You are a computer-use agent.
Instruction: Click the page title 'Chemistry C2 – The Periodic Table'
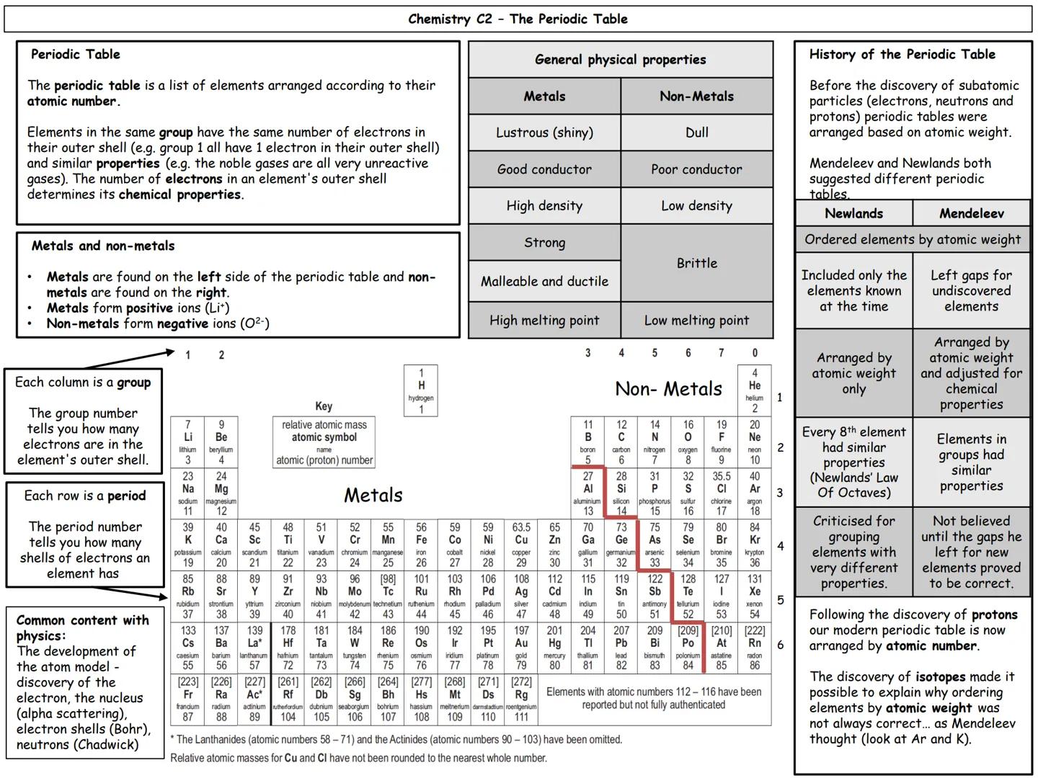pyautogui.click(x=518, y=19)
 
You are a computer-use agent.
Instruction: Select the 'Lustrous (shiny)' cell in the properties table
pyautogui.click(x=544, y=133)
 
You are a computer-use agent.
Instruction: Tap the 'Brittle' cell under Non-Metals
pyautogui.click(x=696, y=263)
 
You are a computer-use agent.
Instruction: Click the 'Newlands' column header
pyautogui.click(x=853, y=213)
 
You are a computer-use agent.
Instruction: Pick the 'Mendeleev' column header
pyautogui.click(x=971, y=213)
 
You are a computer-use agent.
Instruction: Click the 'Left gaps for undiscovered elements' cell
pyautogui.click(x=971, y=290)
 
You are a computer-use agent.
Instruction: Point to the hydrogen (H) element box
pyautogui.click(x=421, y=390)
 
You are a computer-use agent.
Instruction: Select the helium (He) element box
pyautogui.click(x=754, y=390)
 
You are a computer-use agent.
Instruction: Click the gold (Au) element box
pyautogui.click(x=521, y=648)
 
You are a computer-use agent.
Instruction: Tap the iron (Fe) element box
pyautogui.click(x=421, y=545)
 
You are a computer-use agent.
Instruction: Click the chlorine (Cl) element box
pyautogui.click(x=721, y=493)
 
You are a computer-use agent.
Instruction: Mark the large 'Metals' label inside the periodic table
pyautogui.click(x=373, y=496)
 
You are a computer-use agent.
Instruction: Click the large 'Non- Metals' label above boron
pyautogui.click(x=668, y=389)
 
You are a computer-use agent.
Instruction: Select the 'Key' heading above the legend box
pyautogui.click(x=324, y=406)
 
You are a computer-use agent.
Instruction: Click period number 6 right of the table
pyautogui.click(x=780, y=645)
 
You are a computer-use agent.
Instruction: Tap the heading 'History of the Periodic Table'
pyautogui.click(x=902, y=54)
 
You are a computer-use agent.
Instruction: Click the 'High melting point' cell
pyautogui.click(x=544, y=321)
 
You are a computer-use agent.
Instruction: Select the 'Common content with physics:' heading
pyautogui.click(x=82, y=627)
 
